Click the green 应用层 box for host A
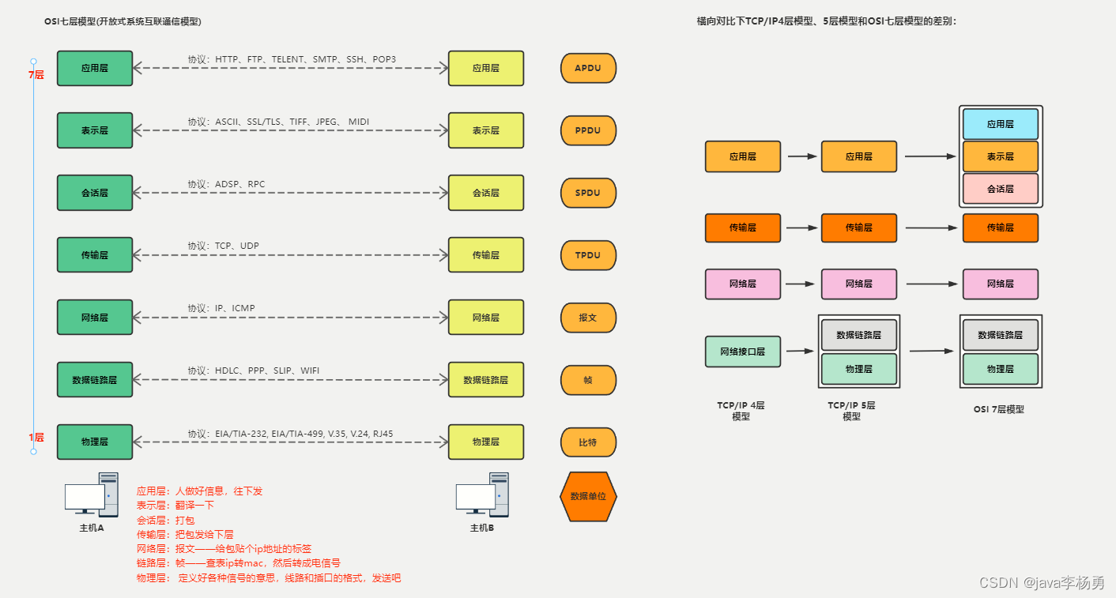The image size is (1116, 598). [x=95, y=69]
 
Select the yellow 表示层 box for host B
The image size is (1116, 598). [x=485, y=130]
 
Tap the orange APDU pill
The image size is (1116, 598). [x=588, y=69]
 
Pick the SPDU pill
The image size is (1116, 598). [x=588, y=193]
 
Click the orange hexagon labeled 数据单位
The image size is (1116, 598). [x=588, y=497]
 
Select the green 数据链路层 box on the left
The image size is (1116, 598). [x=95, y=380]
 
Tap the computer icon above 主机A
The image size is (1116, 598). [x=91, y=495]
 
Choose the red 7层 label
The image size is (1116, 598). [x=36, y=76]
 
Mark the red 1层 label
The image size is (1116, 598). [x=36, y=438]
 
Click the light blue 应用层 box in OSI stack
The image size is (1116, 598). [x=1000, y=125]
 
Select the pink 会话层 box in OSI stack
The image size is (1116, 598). [x=1000, y=189]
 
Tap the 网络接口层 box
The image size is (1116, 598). [x=742, y=352]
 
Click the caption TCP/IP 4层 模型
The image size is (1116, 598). [x=741, y=411]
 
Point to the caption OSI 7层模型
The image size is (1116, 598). [x=998, y=410]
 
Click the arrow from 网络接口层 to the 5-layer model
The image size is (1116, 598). [x=800, y=352]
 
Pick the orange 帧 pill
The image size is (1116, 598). [x=588, y=380]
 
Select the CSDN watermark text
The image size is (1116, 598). [x=1041, y=583]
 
